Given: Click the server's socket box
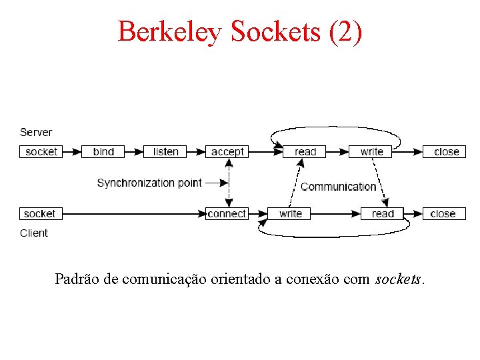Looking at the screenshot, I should tap(41, 151).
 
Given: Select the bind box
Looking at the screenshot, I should tap(103, 151).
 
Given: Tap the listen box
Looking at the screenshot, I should tap(165, 151).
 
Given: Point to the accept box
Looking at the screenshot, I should tap(227, 151).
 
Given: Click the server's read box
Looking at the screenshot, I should tap(305, 151).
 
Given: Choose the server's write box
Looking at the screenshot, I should tap(372, 151).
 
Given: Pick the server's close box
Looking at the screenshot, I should tap(446, 151).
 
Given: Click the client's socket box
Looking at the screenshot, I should tap(39, 213).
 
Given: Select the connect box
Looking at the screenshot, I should tap(227, 213).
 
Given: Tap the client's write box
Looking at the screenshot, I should tap(290, 213).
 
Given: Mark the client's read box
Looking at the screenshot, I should tap(383, 213).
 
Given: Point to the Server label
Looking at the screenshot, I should tap(36, 132).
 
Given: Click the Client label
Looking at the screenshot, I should tap(34, 233).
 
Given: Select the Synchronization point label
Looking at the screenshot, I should tap(149, 182).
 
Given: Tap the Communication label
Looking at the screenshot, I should tap(339, 186).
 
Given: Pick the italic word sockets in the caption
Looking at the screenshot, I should tap(398, 279).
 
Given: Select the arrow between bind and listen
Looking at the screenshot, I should tap(134, 151).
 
